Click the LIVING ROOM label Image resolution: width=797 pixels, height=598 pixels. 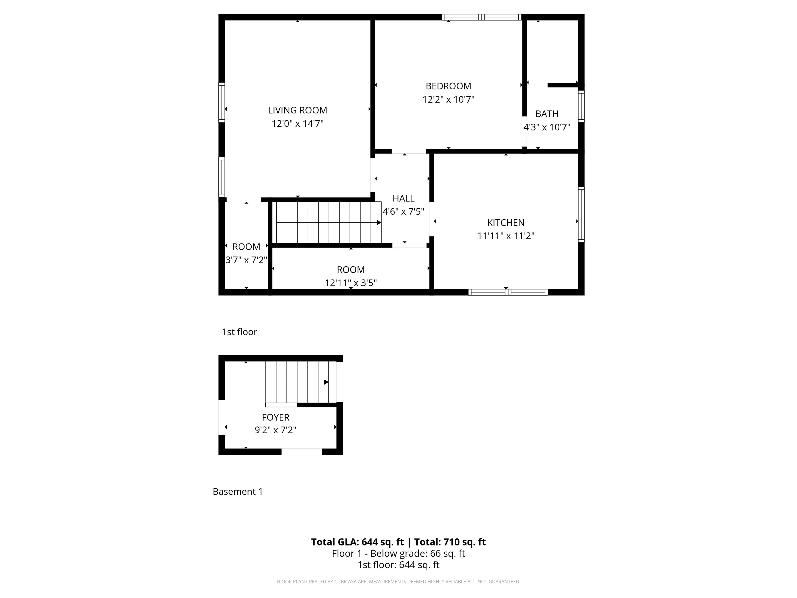coord(297,110)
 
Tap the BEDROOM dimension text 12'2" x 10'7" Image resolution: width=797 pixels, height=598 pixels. coord(448,99)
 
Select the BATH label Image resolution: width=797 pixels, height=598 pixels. coord(547,114)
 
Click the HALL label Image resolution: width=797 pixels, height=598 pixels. coord(403,198)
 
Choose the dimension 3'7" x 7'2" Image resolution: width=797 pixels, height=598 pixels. coord(246,260)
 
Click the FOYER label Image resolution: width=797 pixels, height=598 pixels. coord(276,417)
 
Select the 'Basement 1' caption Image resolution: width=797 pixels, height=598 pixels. coord(238,492)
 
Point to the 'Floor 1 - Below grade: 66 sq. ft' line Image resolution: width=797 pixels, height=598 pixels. coord(398,554)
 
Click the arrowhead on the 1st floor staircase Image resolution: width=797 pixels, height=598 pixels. coord(379,223)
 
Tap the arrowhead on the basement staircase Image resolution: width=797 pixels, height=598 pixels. coord(326,382)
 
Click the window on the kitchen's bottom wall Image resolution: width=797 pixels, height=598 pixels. coord(508,292)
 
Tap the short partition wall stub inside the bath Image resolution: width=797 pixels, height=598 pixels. coord(562,85)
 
